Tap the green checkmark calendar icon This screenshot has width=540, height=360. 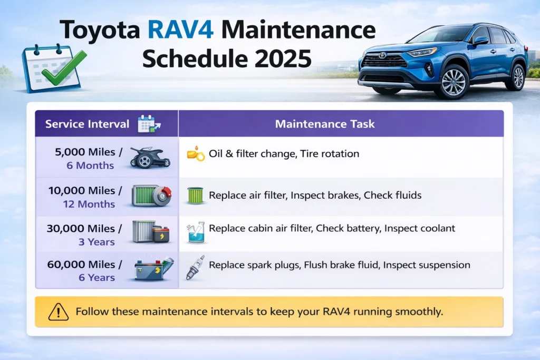coord(51,67)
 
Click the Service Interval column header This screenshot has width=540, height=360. coord(87,124)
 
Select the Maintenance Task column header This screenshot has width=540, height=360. coord(325,124)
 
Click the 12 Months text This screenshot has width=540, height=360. coord(89,204)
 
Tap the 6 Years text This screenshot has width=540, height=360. coord(97,277)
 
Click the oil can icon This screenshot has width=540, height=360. coord(196,155)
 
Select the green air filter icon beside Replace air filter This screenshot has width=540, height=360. coord(196,196)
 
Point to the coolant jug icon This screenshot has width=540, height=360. coord(196,232)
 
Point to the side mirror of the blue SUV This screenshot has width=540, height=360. coord(480,41)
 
